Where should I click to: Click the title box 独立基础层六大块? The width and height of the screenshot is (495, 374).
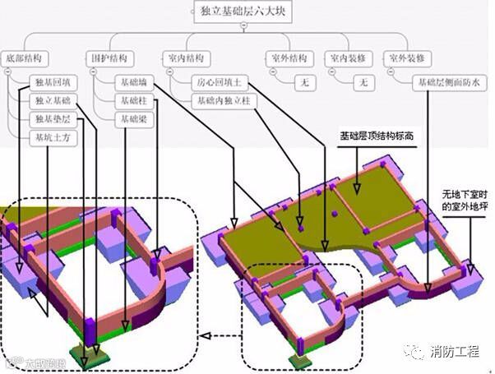tap(244, 11)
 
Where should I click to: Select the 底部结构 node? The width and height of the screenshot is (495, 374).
tap(24, 58)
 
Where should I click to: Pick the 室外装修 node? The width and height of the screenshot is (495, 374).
tap(409, 58)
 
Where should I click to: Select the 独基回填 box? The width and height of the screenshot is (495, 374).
tap(52, 83)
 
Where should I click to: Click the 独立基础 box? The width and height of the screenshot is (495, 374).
tap(52, 101)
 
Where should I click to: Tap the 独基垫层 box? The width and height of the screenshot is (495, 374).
tap(52, 119)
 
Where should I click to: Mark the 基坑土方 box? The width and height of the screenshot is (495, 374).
tap(52, 137)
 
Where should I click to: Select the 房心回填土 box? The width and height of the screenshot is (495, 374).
tap(221, 83)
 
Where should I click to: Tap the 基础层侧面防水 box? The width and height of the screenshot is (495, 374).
tap(451, 82)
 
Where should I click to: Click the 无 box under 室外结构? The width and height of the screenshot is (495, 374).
tap(305, 83)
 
